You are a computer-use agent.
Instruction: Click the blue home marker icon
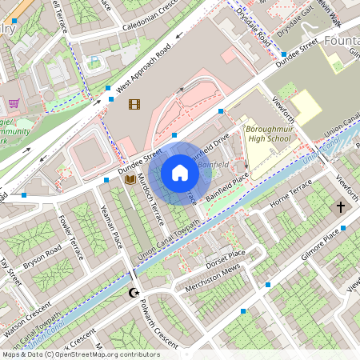[180, 173]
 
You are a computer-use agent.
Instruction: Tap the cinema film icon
[134, 103]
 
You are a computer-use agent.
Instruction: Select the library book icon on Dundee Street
[130, 180]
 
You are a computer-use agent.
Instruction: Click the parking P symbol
[95, 60]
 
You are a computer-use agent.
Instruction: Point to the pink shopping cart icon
[14, 102]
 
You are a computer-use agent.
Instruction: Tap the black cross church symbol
[340, 207]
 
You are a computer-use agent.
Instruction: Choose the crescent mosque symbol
[134, 293]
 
